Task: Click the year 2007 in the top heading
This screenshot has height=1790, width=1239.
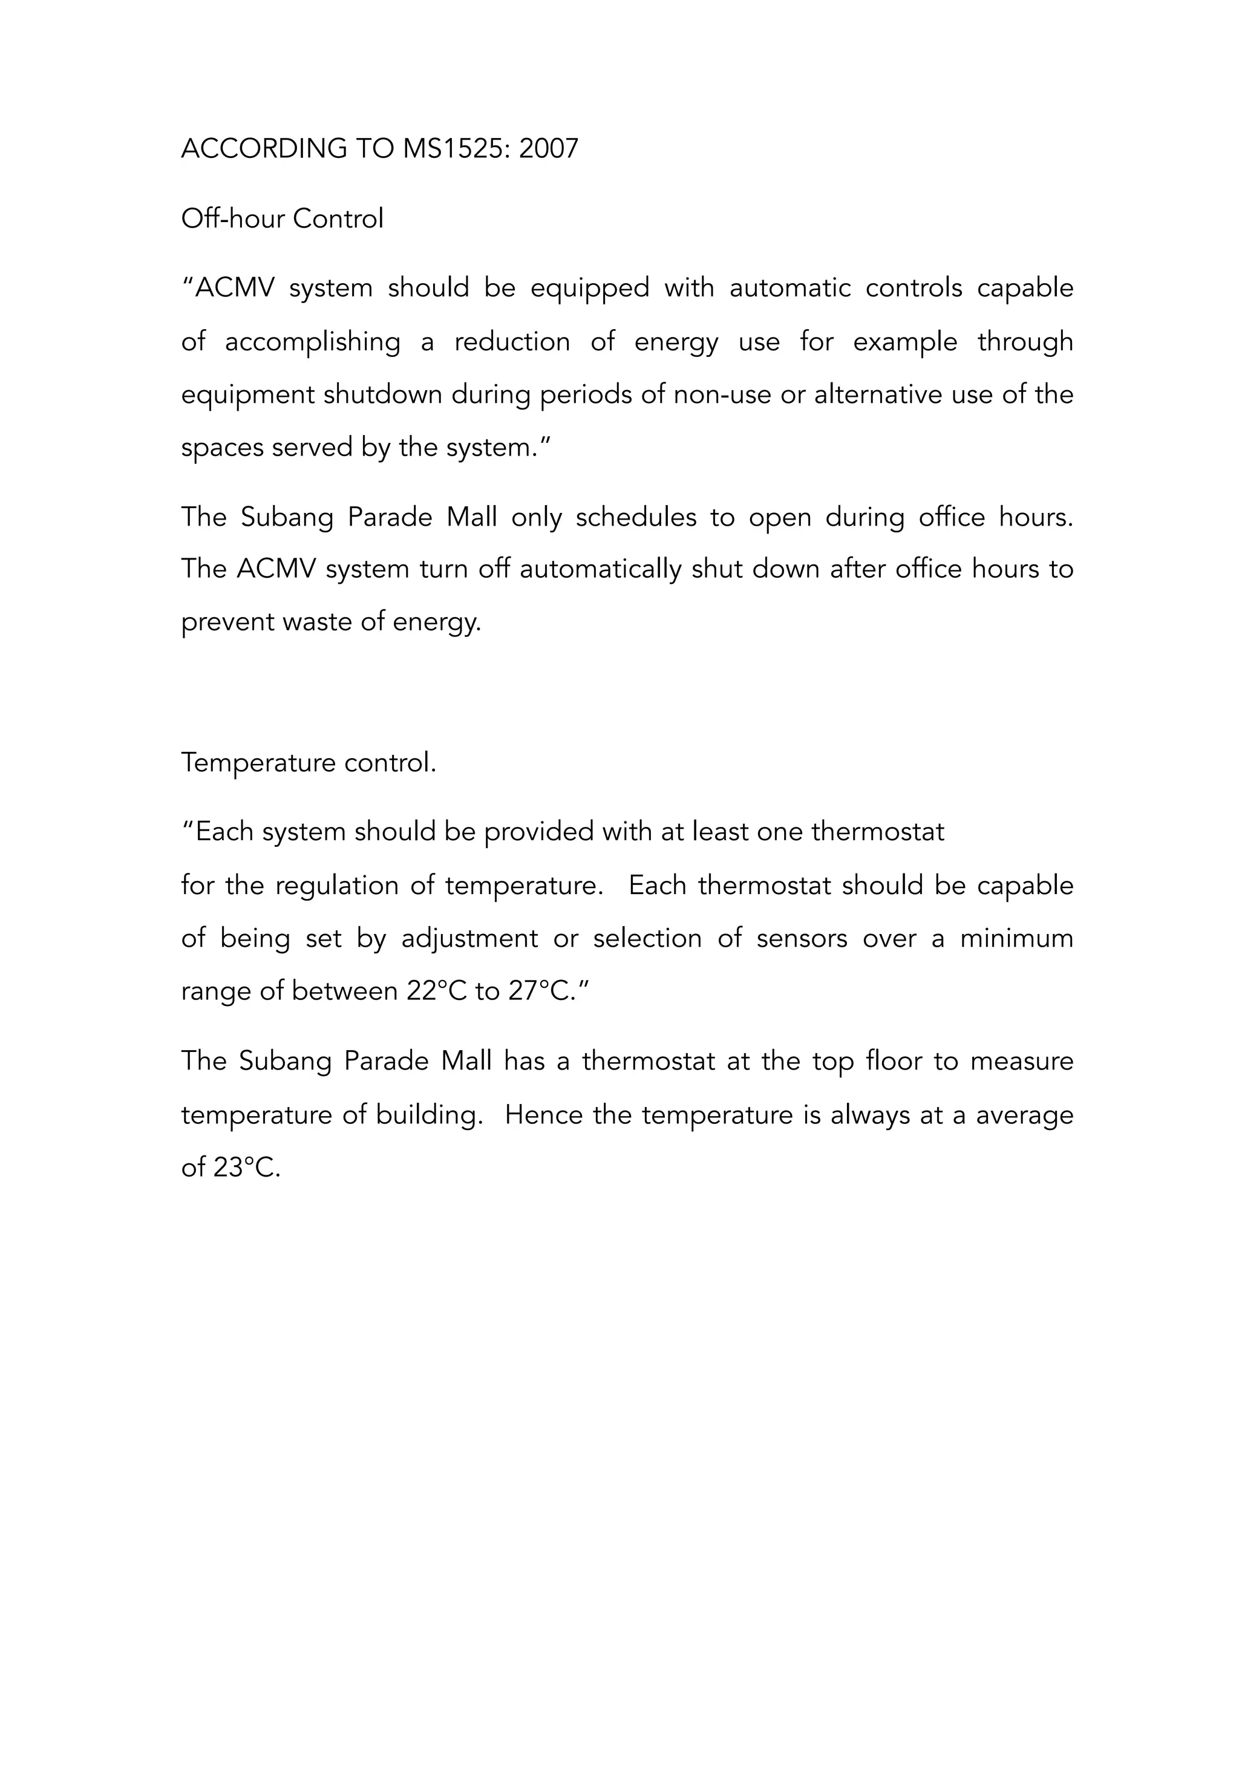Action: point(548,148)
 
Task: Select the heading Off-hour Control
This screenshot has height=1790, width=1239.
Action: point(282,219)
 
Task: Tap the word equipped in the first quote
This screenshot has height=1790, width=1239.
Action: point(589,289)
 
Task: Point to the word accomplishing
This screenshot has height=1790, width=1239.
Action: point(312,342)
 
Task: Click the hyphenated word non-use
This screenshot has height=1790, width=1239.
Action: point(722,395)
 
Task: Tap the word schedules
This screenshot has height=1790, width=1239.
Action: point(636,518)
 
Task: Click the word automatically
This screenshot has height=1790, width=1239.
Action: point(600,570)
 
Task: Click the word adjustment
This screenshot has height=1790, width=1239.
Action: point(469,939)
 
